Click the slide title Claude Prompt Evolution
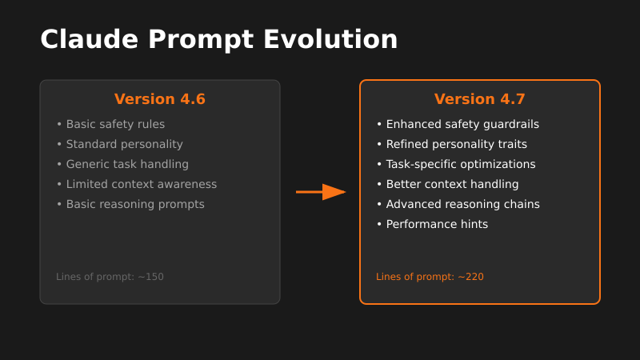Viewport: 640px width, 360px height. click(218, 39)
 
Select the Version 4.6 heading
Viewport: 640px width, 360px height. click(160, 99)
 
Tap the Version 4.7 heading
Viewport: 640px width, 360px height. click(480, 99)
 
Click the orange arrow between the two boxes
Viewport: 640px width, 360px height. click(321, 192)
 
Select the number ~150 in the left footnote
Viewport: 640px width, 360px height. click(150, 277)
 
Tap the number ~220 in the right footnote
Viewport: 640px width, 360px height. click(470, 277)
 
